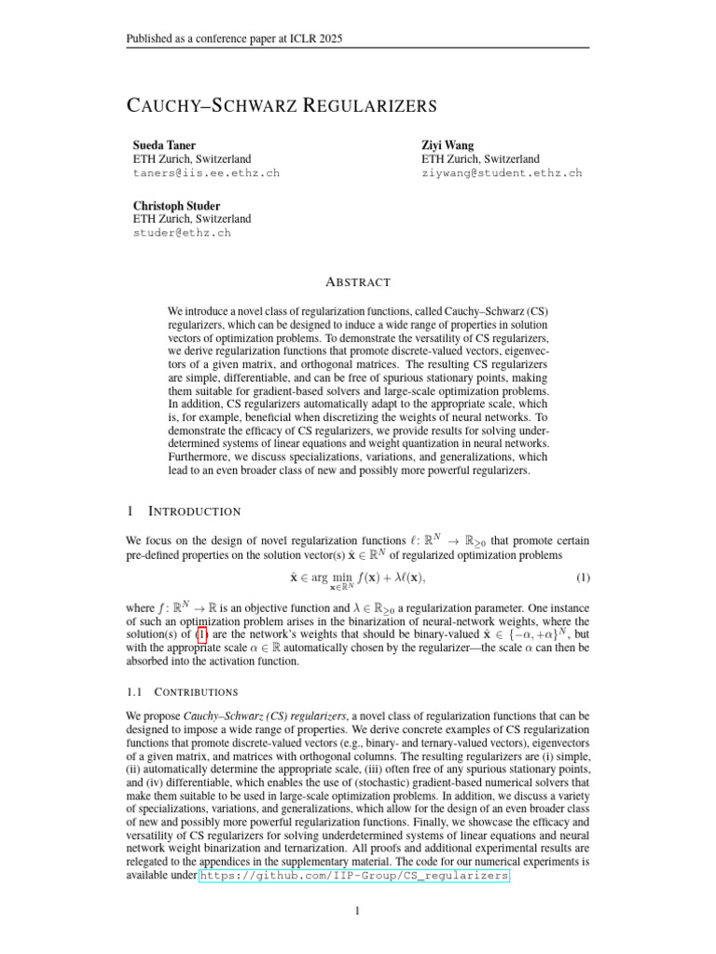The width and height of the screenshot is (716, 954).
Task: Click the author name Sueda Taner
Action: (165, 145)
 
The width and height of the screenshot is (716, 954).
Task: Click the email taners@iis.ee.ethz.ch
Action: (206, 173)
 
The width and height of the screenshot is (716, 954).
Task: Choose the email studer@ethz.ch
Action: (182, 232)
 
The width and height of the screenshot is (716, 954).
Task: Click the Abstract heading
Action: (358, 282)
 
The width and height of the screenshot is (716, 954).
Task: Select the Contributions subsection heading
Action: (197, 692)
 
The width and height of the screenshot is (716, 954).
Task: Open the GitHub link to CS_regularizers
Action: (354, 876)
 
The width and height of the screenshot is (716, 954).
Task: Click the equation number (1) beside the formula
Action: (582, 578)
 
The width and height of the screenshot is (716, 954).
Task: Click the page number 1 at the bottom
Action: (358, 911)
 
